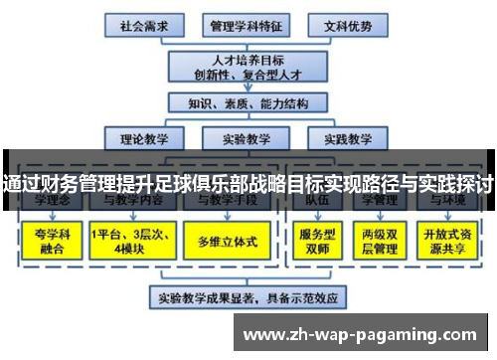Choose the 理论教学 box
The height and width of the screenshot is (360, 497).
[147, 139]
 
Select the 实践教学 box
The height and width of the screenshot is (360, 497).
[346, 139]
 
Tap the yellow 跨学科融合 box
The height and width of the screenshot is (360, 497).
[49, 241]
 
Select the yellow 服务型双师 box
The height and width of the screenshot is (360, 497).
[312, 241]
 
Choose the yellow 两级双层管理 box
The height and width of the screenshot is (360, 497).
[380, 241]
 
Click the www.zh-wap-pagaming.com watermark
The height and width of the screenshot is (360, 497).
[363, 332]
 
